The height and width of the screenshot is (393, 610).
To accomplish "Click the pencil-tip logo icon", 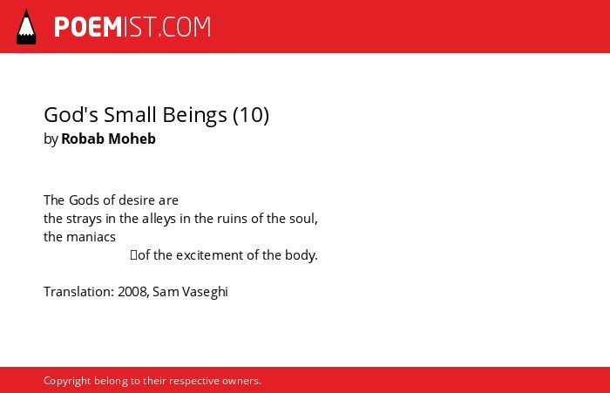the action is click(x=26, y=27).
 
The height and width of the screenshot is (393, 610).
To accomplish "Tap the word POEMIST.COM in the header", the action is click(x=132, y=27).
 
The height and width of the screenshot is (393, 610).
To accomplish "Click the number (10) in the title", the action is click(x=251, y=115).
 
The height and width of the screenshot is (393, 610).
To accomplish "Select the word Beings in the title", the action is click(x=194, y=116).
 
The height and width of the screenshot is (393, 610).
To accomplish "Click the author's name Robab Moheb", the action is click(x=109, y=139).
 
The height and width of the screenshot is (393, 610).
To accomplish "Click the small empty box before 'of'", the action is click(x=134, y=255).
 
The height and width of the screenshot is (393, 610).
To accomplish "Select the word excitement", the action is click(x=210, y=255).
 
